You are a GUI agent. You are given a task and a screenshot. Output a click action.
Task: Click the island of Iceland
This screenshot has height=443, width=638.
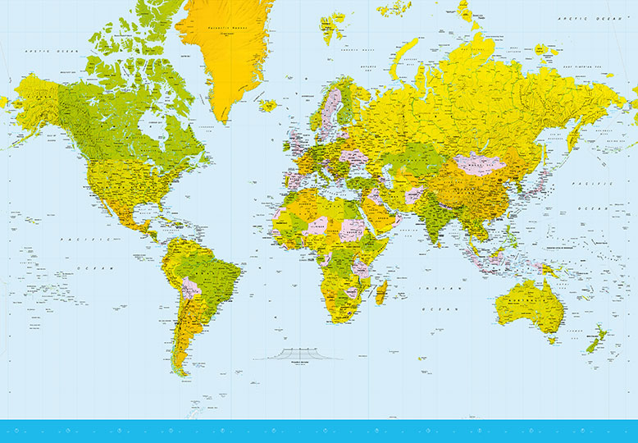pyautogui.click(x=268, y=105)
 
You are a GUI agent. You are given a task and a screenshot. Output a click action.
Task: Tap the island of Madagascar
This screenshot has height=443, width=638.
pyautogui.click(x=381, y=291)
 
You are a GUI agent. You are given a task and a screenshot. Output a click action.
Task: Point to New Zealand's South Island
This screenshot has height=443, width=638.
pyautogui.click(x=592, y=343)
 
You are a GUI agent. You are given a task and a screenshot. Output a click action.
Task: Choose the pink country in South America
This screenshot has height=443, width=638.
pyautogui.click(x=190, y=288)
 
